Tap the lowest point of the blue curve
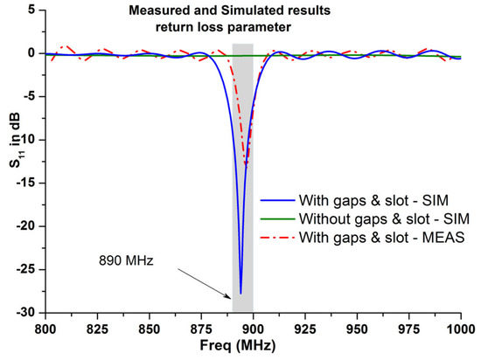coord(240,294)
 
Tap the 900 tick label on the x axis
coord(253,331)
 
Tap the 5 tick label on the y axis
coord(31,10)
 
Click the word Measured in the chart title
coord(155,11)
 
